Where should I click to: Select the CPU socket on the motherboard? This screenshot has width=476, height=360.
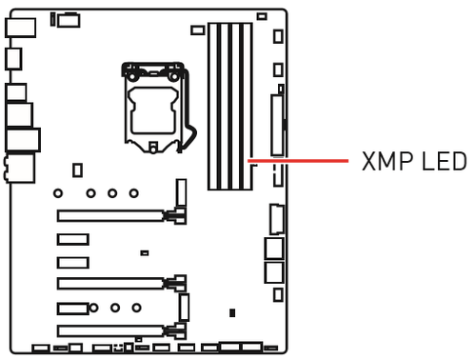[153, 105]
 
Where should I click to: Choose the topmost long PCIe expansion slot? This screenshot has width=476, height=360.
[114, 215]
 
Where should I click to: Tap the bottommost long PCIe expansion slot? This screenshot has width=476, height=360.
[114, 330]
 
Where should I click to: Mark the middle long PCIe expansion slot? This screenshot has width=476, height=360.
[114, 283]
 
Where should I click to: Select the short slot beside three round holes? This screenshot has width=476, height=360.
[71, 308]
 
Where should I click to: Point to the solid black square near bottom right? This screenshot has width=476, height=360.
[232, 311]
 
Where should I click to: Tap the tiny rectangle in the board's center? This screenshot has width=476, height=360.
[144, 253]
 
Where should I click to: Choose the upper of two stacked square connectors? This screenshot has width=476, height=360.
[273, 248]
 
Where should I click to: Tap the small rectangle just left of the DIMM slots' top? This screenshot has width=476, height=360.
[197, 30]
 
